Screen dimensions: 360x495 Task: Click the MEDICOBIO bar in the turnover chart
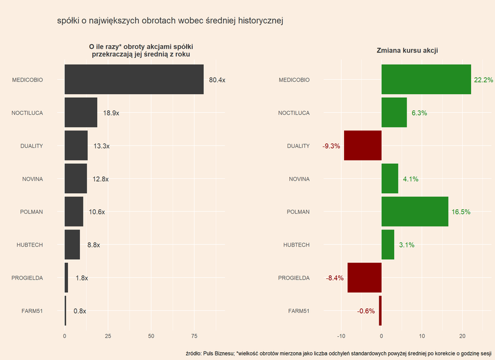tap(134, 80)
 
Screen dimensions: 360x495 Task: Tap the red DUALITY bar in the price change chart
tap(363, 145)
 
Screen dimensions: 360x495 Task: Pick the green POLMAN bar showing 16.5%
tap(414, 212)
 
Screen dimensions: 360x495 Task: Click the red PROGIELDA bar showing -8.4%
tap(364, 278)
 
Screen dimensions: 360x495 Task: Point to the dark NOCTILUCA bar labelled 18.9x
tap(81, 113)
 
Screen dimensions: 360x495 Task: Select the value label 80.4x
tap(217, 80)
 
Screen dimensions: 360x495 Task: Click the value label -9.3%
tap(331, 146)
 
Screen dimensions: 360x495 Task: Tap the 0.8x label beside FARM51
tap(80, 311)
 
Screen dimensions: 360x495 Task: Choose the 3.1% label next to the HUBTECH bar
tap(407, 245)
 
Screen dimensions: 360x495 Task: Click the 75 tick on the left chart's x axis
tap(194, 336)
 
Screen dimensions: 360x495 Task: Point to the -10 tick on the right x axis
tap(341, 336)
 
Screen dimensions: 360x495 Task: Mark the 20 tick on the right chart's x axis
tap(463, 336)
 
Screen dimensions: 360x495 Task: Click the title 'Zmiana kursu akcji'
tap(407, 51)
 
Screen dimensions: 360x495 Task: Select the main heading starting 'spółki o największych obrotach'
tap(169, 21)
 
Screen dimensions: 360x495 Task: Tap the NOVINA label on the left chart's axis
tap(32, 179)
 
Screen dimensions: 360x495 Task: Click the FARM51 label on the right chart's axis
tap(299, 311)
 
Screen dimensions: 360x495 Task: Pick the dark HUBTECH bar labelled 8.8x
tap(72, 244)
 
